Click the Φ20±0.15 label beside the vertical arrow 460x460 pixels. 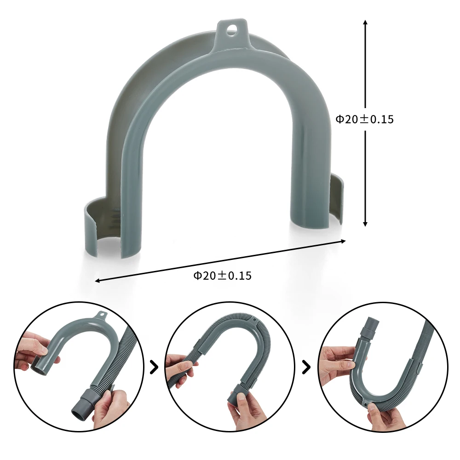pos(364,119)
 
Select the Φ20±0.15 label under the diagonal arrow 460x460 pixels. pos(222,276)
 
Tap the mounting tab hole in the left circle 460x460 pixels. pos(101,316)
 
